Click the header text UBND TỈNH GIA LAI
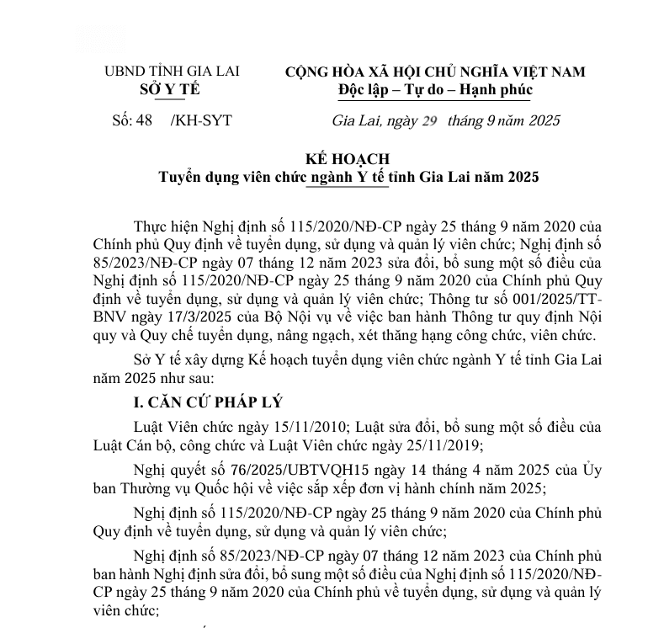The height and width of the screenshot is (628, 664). [x=171, y=72]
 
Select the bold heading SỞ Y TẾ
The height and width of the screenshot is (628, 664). [x=170, y=89]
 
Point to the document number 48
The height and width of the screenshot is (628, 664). [x=144, y=120]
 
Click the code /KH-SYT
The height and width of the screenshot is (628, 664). [x=200, y=120]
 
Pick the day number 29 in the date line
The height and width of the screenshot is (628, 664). [x=431, y=120]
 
